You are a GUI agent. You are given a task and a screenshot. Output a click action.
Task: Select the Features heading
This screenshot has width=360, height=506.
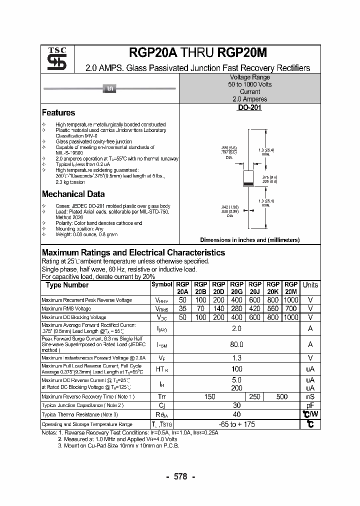click(58, 113)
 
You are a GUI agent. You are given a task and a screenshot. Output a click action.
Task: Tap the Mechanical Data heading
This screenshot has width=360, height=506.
click(73, 194)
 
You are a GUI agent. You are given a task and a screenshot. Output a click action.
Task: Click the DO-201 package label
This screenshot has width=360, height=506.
click(249, 107)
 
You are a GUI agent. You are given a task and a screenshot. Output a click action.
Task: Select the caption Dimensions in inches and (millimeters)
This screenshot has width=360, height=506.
click(249, 240)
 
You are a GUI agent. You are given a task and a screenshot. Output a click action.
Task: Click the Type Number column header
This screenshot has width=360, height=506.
click(67, 285)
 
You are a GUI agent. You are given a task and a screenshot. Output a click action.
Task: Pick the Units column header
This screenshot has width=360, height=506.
click(310, 285)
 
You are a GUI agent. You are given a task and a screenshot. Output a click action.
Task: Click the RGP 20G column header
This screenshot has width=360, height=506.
click(236, 287)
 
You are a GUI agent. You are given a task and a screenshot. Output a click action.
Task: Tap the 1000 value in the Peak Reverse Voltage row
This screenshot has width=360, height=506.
click(290, 300)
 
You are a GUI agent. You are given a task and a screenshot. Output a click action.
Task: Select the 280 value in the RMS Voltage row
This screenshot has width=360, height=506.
click(236, 308)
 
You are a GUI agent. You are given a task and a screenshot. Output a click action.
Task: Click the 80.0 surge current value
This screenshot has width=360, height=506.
click(236, 344)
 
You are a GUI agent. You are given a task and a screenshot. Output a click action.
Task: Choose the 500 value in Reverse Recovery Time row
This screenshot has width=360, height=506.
click(281, 396)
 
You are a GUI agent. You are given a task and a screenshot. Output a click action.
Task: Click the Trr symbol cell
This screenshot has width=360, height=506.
click(162, 396)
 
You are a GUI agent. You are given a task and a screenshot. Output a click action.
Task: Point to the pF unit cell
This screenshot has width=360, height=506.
click(310, 405)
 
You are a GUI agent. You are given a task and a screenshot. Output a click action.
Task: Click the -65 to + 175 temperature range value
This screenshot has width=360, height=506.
click(236, 424)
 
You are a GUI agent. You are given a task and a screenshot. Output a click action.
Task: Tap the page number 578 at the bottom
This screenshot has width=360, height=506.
click(180, 476)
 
